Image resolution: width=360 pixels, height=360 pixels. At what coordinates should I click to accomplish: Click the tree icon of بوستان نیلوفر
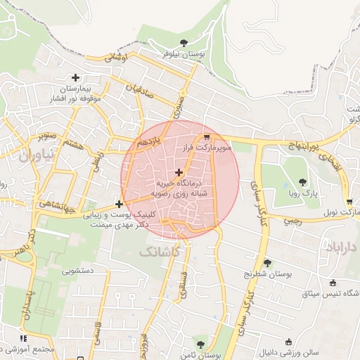point(184,42)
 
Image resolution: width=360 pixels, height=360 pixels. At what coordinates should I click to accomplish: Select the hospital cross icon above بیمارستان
point(75,77)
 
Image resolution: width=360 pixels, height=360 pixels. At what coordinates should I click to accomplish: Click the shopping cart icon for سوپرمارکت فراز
point(206,138)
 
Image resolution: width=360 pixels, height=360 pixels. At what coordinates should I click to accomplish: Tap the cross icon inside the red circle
point(179,172)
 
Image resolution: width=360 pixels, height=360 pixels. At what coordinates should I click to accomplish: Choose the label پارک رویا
point(304,193)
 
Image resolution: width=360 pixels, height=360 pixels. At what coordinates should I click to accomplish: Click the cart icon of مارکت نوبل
point(349,202)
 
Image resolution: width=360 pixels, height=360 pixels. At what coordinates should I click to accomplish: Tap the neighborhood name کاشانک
point(160,250)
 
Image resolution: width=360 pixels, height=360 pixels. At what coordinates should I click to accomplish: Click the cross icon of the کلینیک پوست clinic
point(119,205)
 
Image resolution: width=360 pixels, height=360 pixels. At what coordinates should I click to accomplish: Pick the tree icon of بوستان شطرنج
point(268,262)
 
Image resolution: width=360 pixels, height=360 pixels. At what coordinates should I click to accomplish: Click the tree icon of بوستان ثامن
point(200,345)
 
